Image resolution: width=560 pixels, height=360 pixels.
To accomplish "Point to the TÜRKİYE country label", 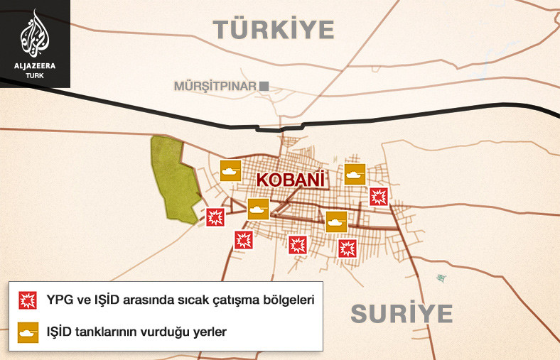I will pos(274,30).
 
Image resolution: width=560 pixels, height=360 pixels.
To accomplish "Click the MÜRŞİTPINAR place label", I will pos(215,86).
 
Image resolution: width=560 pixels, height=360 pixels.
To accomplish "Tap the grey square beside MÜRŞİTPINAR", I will pos(264,86).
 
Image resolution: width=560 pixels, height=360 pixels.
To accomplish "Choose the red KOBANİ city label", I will pos(290,180).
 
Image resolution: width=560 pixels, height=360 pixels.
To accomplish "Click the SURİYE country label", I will pos(402,313).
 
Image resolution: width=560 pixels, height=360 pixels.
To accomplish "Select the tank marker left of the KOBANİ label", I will pos(230,170).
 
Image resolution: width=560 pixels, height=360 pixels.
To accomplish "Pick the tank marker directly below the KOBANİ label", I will pos(258,209).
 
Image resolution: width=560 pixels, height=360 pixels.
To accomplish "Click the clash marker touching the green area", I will pos(215,217).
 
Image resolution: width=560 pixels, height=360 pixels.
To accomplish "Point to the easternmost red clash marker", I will pos(379,197).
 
